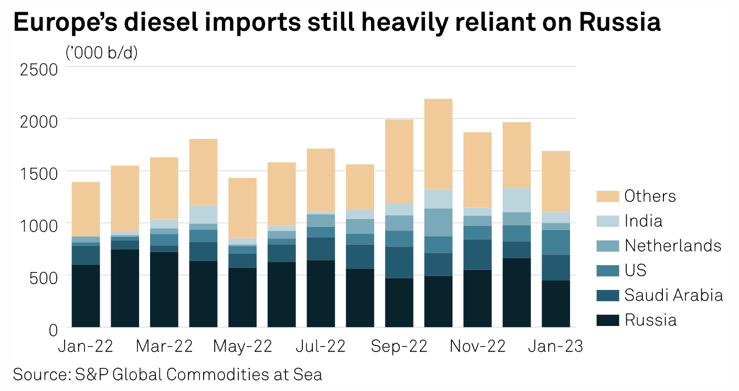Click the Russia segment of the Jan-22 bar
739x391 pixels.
tap(86, 296)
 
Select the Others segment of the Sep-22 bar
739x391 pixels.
tap(399, 161)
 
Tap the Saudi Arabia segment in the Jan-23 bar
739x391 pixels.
tap(556, 267)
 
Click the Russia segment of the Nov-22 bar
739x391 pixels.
tap(478, 298)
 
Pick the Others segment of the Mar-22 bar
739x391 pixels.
tap(164, 188)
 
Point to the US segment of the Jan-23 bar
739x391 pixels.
tap(556, 242)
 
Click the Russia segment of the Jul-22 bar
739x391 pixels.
tap(321, 294)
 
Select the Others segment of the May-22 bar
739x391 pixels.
tap(242, 208)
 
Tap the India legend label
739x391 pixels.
tap(643, 221)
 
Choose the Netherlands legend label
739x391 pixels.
tap(672, 245)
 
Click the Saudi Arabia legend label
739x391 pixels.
tap(673, 295)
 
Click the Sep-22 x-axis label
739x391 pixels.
tap(399, 346)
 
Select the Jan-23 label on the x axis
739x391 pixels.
tap(556, 346)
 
